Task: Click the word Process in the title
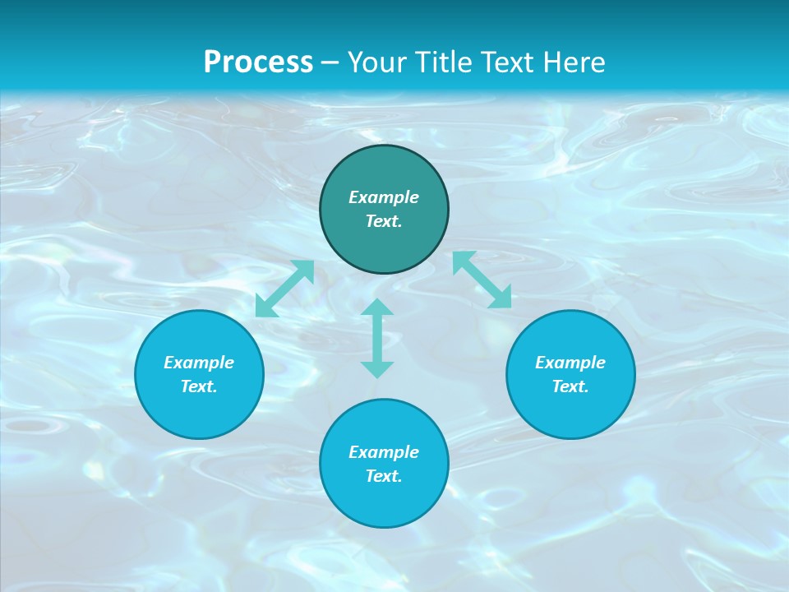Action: pos(258,62)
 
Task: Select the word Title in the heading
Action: pos(445,62)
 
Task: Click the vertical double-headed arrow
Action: pos(377,338)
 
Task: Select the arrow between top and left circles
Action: pos(284,289)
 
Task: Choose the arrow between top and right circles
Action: pos(482,280)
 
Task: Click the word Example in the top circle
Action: pos(384,197)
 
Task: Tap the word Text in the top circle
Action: pos(384,221)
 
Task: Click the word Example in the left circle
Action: pos(199,363)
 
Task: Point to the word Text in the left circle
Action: pos(199,386)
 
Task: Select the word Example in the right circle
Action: pos(570,363)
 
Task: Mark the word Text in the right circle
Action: pos(570,386)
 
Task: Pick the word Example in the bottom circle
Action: pos(384,452)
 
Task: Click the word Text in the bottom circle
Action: pos(384,476)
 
